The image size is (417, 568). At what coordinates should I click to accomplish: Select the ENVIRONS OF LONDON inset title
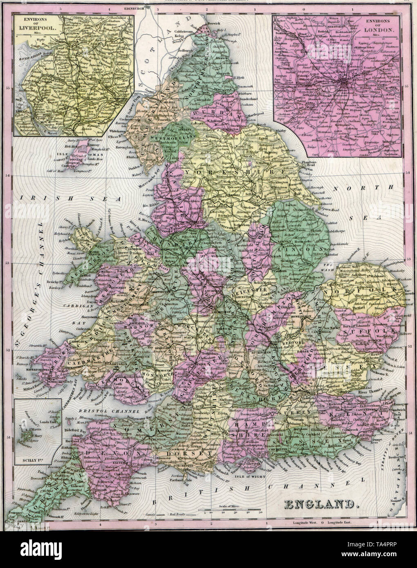(x=381, y=27)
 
